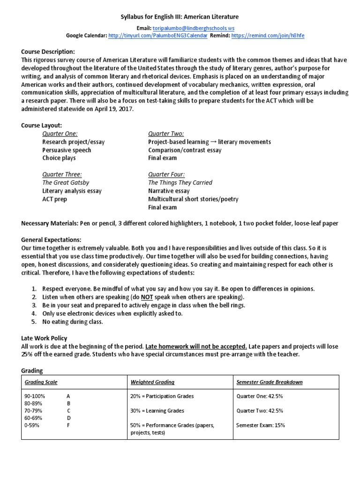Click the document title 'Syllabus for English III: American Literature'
point(180,17)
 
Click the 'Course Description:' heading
point(48,52)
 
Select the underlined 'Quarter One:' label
point(60,134)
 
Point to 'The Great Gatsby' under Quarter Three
point(66,182)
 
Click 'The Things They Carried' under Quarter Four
point(180,182)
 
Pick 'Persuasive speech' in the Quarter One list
point(67,150)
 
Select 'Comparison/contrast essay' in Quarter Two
point(185,150)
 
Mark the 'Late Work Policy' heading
point(44,338)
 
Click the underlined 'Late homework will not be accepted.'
point(196,346)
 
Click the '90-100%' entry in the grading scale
point(36,396)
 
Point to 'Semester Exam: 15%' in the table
point(262,425)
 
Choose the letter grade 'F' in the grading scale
point(68,425)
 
